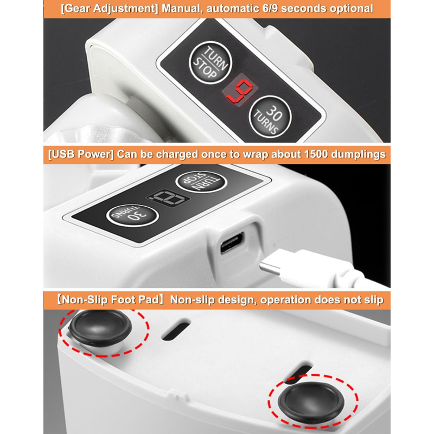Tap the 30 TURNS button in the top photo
tap(270, 117)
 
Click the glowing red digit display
tap(240, 90)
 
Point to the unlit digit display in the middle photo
tap(168, 197)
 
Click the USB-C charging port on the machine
tap(232, 242)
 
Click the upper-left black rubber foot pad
tap(100, 328)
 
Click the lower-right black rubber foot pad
tap(311, 402)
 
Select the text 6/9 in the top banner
tap(270, 9)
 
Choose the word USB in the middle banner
tap(63, 154)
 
